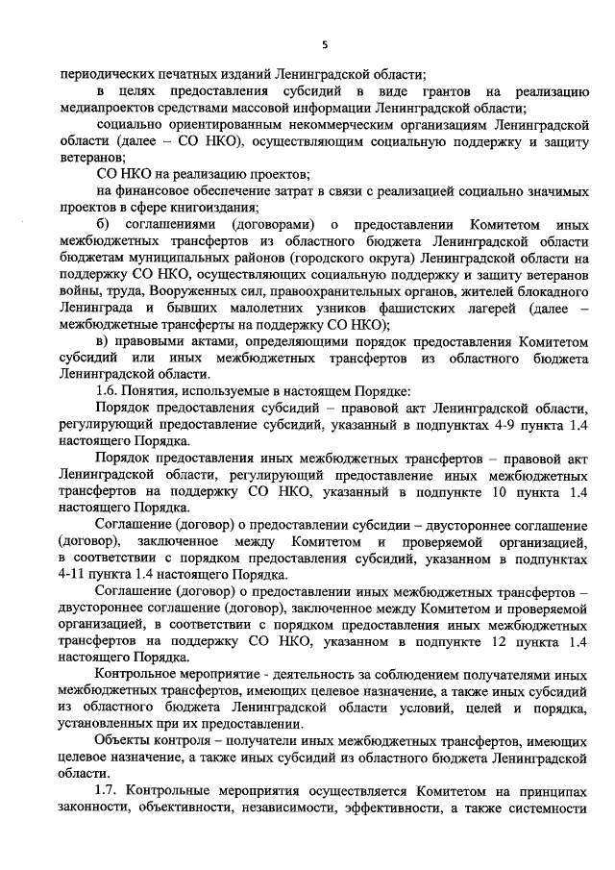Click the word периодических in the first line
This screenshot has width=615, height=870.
[x=105, y=74]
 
